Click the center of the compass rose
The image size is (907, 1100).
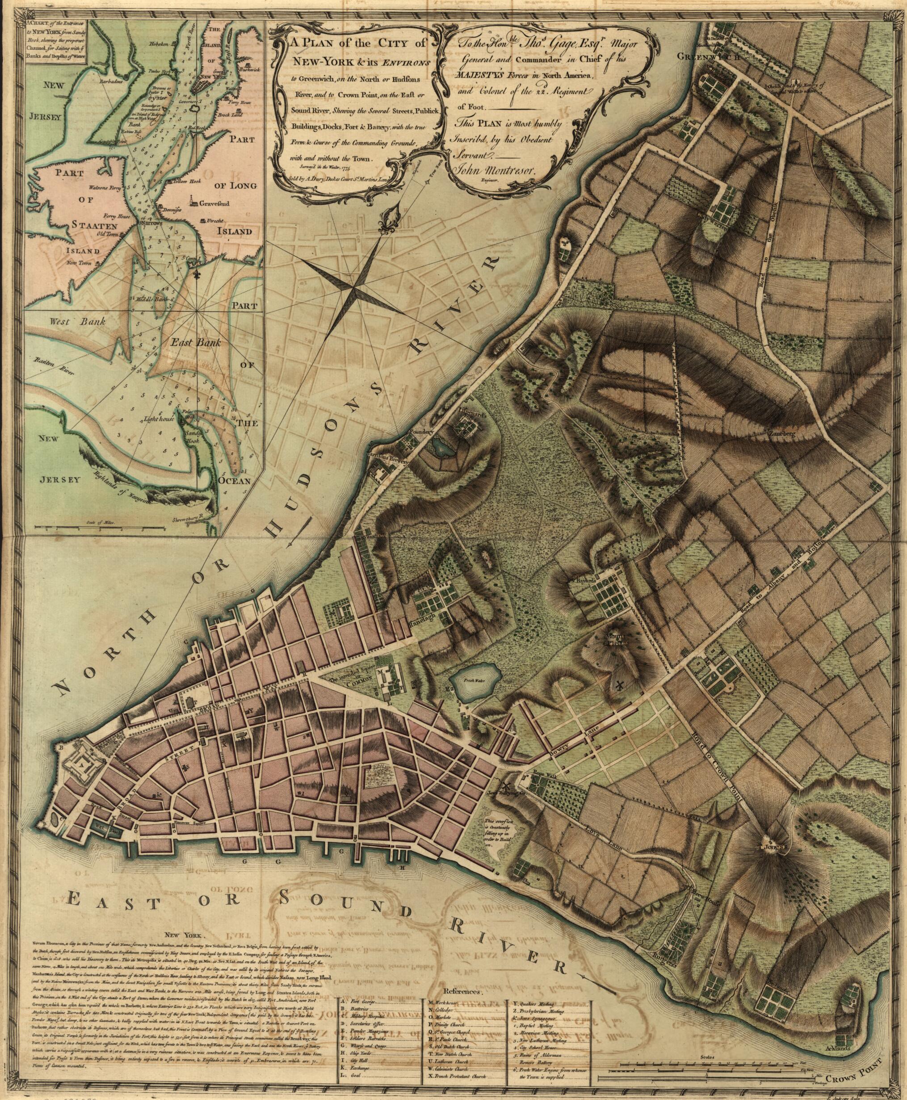355,286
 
